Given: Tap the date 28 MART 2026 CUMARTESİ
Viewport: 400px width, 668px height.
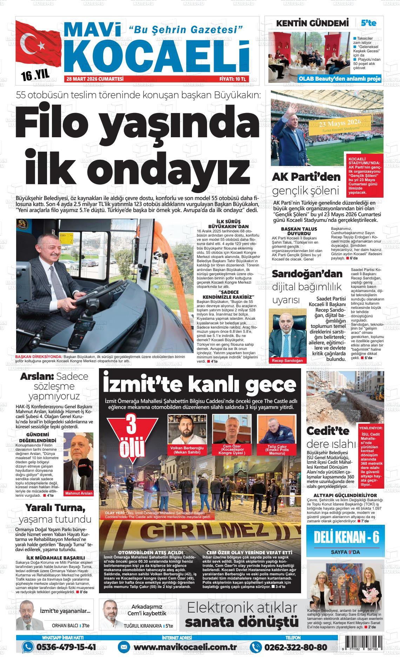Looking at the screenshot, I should point(95,79).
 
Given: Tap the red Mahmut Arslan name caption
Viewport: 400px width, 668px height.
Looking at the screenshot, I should point(79,493).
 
